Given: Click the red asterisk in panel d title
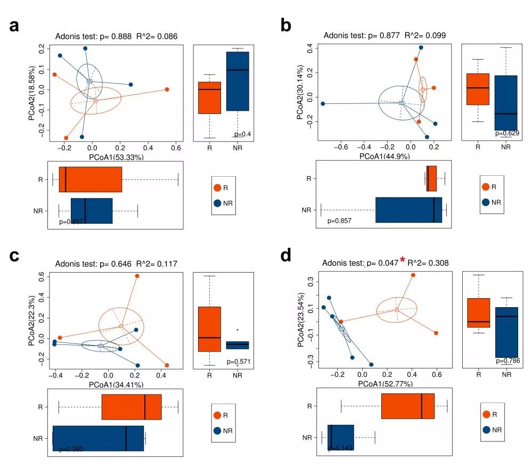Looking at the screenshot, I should click(403, 260).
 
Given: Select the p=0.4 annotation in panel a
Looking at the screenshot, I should click(242, 134).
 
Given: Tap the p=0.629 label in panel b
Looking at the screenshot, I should click(506, 133).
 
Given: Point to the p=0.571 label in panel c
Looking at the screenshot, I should click(239, 362).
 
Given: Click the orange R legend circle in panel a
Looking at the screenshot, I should click(217, 188).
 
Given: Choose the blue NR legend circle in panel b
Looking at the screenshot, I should click(486, 202).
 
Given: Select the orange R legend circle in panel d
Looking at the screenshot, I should click(486, 414).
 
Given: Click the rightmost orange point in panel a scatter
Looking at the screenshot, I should click(167, 89).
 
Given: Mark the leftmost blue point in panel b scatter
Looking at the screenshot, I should click(323, 104).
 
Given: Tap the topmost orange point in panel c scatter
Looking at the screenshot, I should click(137, 276).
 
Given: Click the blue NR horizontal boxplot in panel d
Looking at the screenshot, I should click(340, 437).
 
